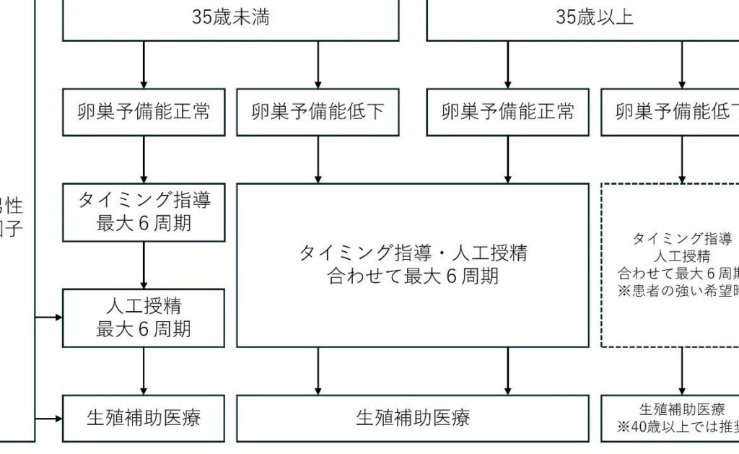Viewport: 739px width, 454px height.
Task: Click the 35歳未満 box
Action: (231, 19)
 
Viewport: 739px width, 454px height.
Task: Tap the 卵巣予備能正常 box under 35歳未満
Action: (144, 112)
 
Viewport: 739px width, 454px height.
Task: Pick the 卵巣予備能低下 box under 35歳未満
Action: (318, 112)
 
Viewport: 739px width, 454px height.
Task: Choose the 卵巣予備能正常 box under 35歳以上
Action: (508, 112)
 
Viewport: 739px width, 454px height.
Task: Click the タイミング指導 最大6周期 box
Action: (144, 211)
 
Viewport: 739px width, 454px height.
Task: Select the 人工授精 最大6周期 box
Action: (144, 318)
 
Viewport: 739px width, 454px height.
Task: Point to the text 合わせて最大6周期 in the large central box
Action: (412, 276)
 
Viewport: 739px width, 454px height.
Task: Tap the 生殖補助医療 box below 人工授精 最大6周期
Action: (144, 418)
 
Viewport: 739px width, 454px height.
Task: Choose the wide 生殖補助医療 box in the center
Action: (412, 418)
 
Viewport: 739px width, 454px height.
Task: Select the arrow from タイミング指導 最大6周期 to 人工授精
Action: (144, 265)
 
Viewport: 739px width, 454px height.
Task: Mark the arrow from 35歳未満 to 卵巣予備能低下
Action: (318, 65)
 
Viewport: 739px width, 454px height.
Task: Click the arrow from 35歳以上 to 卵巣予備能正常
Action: (508, 65)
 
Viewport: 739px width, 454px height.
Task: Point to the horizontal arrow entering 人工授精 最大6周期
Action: (49, 318)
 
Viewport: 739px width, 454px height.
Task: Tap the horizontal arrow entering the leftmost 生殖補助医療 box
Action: (49, 418)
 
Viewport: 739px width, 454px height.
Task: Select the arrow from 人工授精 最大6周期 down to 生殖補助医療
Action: (144, 370)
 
